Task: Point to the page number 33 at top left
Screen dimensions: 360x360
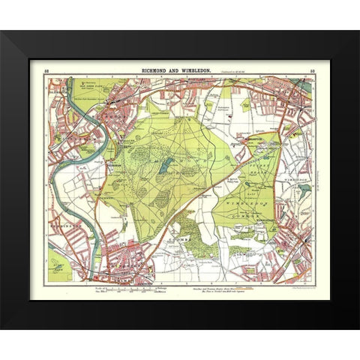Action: (x=46, y=70)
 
